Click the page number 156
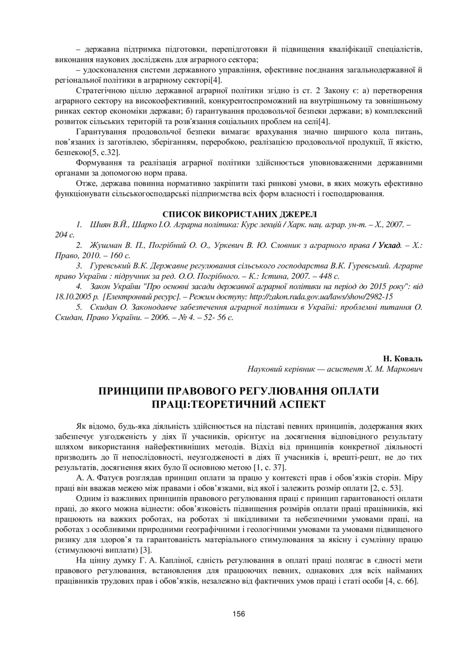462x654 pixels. tap(238, 613)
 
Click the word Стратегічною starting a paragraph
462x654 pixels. tap(101, 91)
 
